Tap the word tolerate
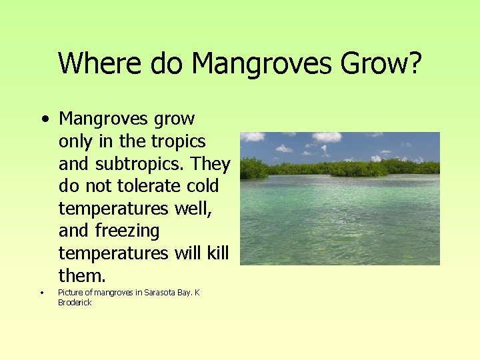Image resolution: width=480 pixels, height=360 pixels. point(137,186)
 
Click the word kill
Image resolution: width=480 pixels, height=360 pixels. point(218,253)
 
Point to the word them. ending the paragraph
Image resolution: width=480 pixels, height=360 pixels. point(81,276)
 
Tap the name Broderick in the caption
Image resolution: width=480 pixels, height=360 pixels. point(75,303)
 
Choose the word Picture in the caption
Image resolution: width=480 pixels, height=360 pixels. point(71,293)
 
